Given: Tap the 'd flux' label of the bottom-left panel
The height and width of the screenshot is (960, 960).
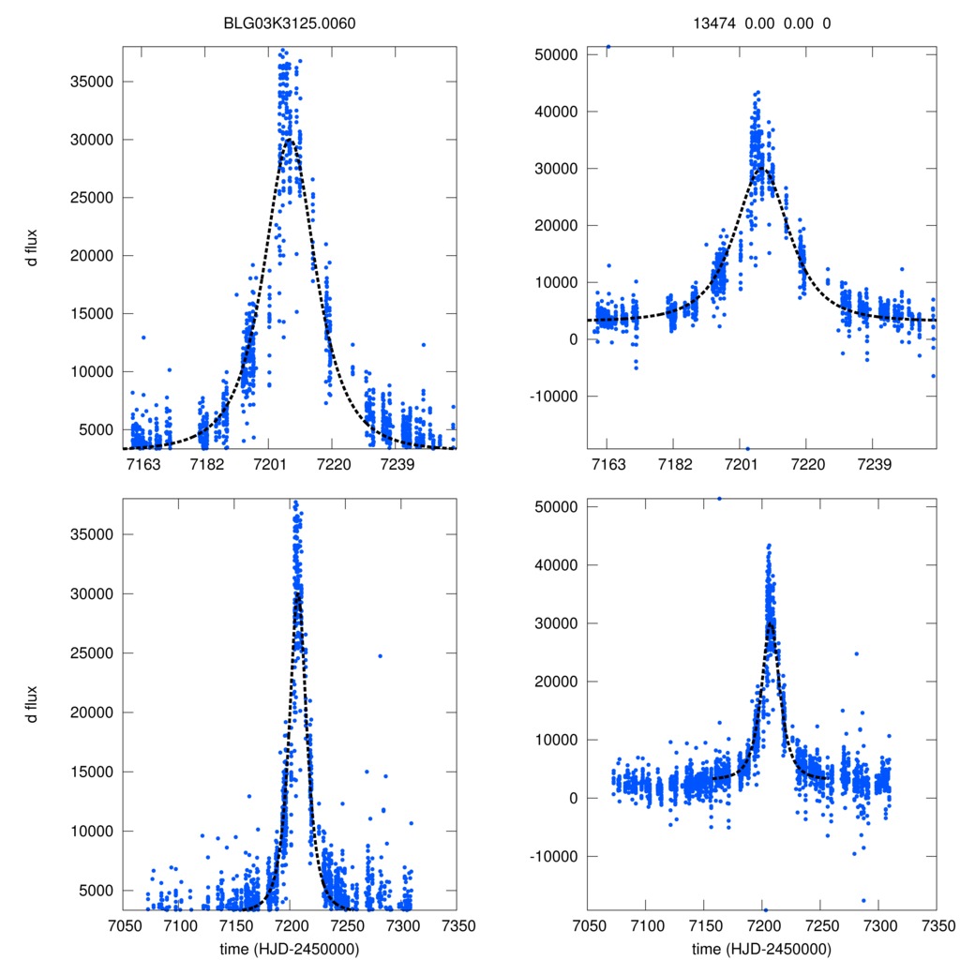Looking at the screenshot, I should [33, 704].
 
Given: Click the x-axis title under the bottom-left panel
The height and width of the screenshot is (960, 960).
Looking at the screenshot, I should [291, 949].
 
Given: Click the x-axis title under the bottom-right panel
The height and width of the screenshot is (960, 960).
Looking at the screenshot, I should [761, 949].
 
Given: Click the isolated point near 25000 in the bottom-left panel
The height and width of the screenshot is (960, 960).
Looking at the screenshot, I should [380, 655].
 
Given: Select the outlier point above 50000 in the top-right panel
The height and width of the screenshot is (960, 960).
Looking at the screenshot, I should [607, 46].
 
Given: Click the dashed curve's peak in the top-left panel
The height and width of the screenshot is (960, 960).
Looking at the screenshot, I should [289, 141].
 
